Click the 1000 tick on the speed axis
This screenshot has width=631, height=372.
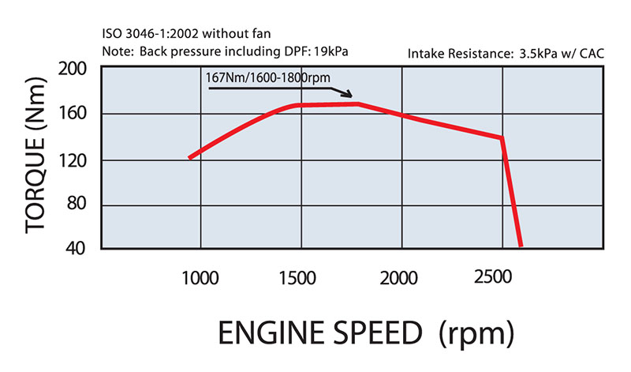point(200,278)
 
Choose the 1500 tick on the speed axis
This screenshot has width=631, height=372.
point(302,278)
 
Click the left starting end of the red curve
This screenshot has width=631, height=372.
point(189,158)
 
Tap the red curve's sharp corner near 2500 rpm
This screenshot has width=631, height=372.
point(502,138)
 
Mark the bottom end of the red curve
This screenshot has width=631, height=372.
point(521,245)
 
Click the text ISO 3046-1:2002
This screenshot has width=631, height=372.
point(147,36)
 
